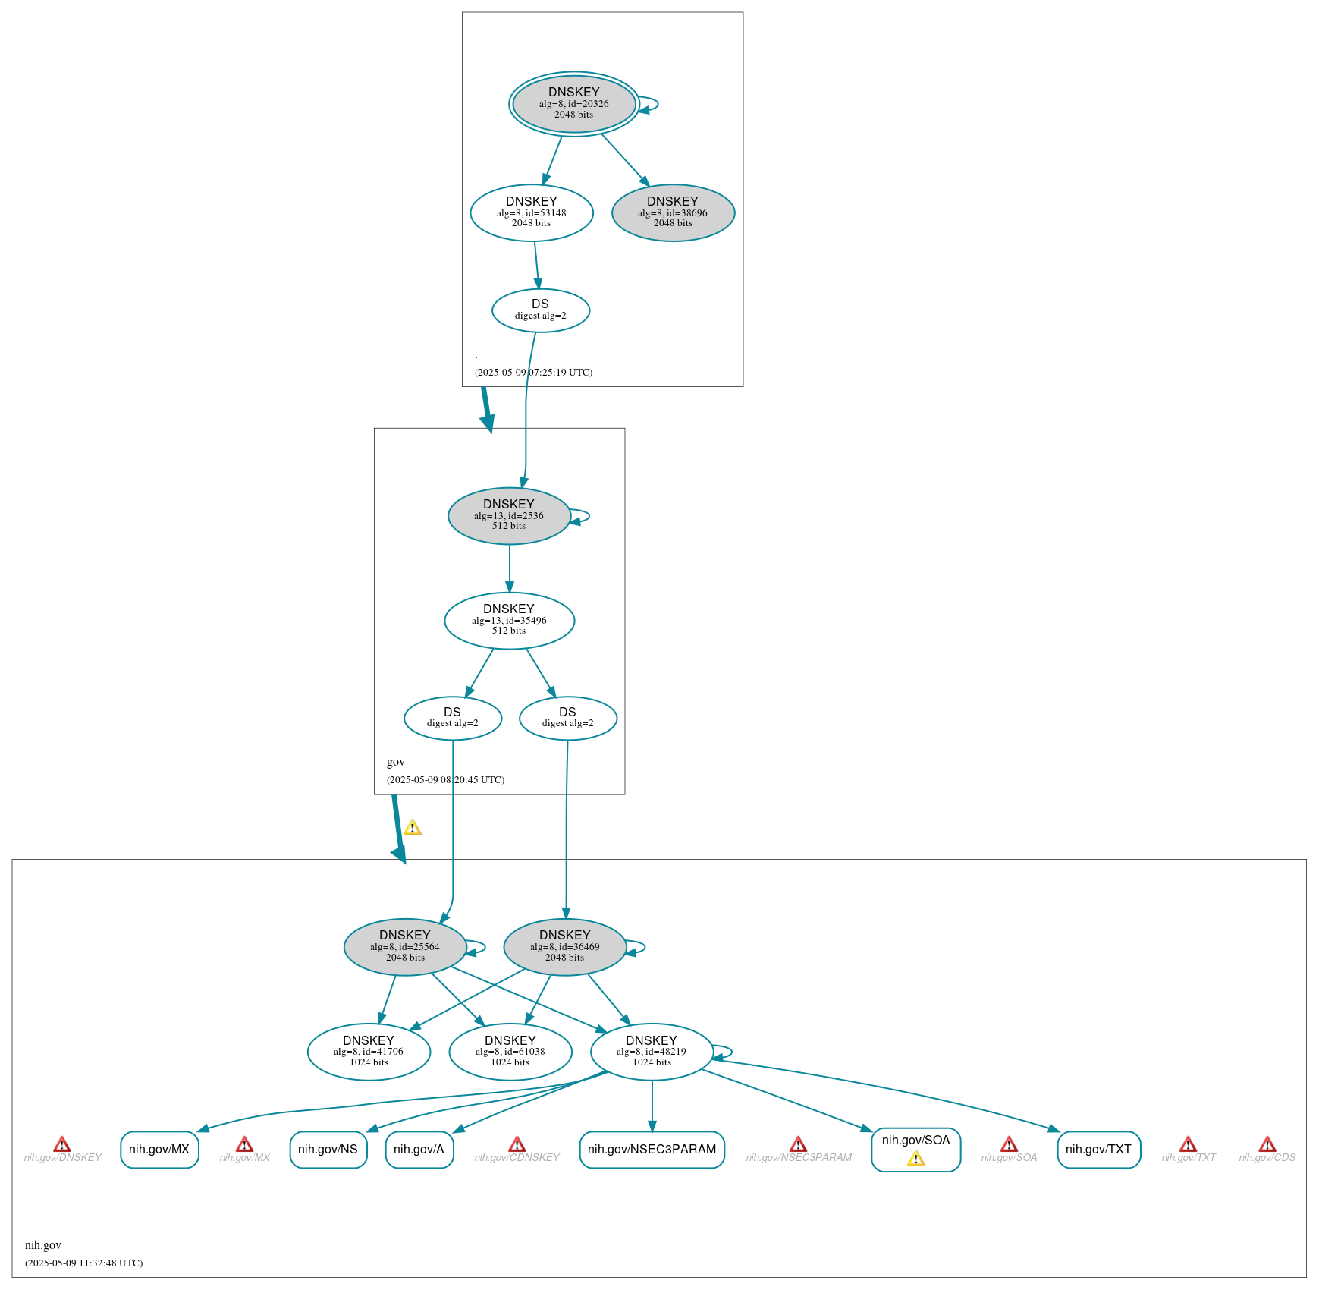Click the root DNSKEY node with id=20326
[x=573, y=104]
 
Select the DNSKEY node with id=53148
[x=532, y=213]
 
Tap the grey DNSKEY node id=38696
[x=673, y=213]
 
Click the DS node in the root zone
[x=541, y=310]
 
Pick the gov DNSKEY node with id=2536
[x=509, y=516]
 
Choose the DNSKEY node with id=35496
[x=509, y=621]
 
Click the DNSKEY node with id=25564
[x=405, y=947]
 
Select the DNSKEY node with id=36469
[x=565, y=947]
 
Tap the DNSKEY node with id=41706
[x=369, y=1052]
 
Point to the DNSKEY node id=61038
[x=510, y=1052]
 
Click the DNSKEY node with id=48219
[x=652, y=1052]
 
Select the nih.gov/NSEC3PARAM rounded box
[x=652, y=1150]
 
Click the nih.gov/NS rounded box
[x=328, y=1150]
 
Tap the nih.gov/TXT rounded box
[x=1099, y=1150]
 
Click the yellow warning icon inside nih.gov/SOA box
[x=916, y=1159]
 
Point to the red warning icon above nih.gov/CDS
[x=1267, y=1144]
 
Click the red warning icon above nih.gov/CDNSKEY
[x=517, y=1144]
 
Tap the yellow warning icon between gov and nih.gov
[x=413, y=827]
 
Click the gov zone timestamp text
[x=446, y=780]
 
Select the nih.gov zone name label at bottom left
[x=43, y=1245]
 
